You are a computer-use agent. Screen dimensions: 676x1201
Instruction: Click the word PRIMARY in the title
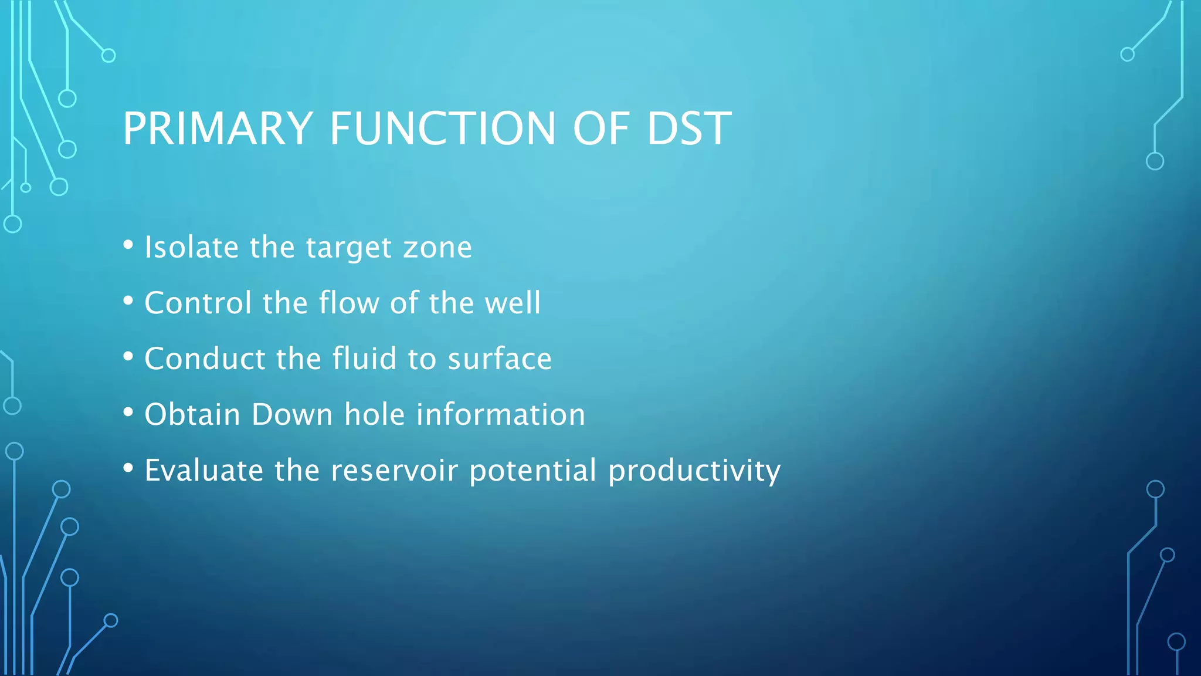click(218, 129)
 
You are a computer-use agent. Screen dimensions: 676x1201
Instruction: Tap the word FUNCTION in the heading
click(442, 129)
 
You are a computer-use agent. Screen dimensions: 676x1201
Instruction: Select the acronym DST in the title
click(688, 129)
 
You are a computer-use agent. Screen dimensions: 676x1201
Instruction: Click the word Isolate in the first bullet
click(191, 247)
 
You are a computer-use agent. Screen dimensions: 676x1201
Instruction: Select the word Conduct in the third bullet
click(204, 359)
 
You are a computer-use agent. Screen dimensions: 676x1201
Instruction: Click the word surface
click(499, 359)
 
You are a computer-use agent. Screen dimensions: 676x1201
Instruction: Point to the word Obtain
click(192, 414)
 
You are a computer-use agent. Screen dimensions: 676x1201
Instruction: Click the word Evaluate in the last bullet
click(203, 471)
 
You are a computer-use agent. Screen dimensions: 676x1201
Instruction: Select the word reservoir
click(394, 471)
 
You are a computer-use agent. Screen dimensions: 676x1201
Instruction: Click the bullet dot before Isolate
click(128, 245)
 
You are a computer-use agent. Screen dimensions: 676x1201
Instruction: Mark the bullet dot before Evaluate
click(128, 469)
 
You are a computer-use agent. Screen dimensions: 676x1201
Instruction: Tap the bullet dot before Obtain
click(128, 413)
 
